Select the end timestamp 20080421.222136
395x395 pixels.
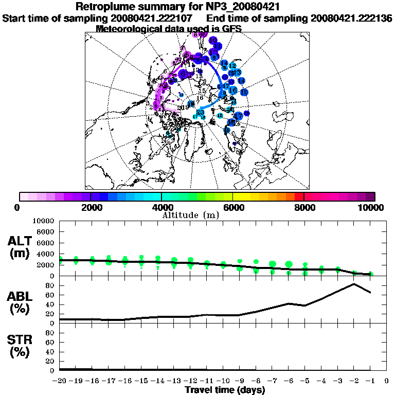(x=352, y=18)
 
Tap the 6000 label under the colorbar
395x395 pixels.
(x=233, y=207)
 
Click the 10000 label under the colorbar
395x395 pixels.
(x=371, y=207)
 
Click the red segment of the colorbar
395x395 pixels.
(x=299, y=196)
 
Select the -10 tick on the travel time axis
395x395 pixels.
(x=223, y=381)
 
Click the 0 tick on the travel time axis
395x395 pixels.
(x=386, y=381)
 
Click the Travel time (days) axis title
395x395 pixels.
(x=225, y=390)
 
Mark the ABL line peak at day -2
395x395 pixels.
(x=354, y=284)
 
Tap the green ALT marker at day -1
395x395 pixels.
(x=370, y=274)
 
